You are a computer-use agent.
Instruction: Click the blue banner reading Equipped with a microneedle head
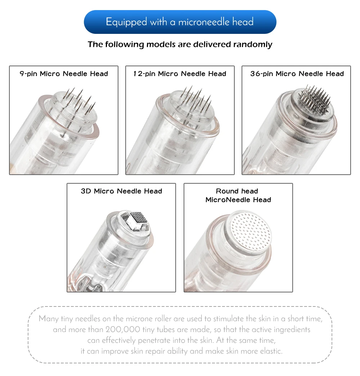[180, 22]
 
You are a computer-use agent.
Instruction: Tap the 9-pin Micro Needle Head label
[64, 73]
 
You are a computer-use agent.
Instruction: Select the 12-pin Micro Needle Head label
[180, 73]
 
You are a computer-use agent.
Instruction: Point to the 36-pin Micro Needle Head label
[297, 73]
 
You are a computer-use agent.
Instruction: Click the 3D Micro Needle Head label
[122, 191]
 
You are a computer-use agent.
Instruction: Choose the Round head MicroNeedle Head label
[238, 196]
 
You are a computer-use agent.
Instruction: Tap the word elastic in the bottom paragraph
[271, 351]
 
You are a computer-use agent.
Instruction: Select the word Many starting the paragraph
[49, 319]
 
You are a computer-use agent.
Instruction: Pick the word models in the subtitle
[160, 44]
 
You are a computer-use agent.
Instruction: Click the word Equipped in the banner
[126, 22]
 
